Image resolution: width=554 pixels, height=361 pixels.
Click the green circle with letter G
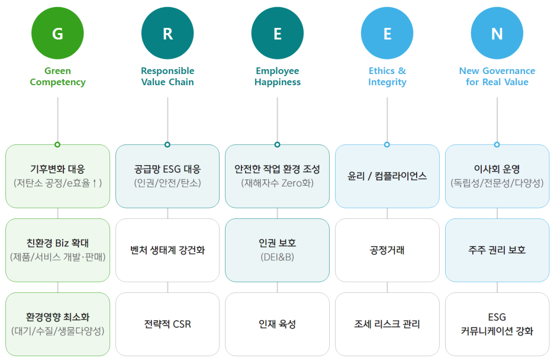pyautogui.click(x=57, y=34)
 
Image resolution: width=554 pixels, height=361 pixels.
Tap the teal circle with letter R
pyautogui.click(x=168, y=34)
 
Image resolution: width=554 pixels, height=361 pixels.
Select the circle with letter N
pyautogui.click(x=497, y=34)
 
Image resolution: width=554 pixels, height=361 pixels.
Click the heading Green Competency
pyautogui.click(x=57, y=76)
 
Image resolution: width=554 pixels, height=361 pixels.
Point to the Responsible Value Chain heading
pyautogui.click(x=168, y=76)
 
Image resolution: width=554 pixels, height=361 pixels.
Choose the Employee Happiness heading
pyautogui.click(x=277, y=76)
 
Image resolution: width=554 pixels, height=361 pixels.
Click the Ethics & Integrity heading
pyautogui.click(x=387, y=76)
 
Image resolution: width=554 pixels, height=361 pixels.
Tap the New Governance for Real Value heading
pyautogui.click(x=497, y=76)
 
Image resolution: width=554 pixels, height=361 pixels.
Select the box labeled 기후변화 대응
pyautogui.click(x=57, y=176)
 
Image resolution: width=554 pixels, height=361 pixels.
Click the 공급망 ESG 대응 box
pyautogui.click(x=168, y=176)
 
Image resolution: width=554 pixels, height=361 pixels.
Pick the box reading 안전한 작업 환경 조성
pyautogui.click(x=277, y=176)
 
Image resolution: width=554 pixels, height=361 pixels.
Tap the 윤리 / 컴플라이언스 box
pyautogui.click(x=387, y=176)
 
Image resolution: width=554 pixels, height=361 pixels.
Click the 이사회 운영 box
pyautogui.click(x=497, y=176)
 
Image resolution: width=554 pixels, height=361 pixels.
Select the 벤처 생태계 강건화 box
pyautogui.click(x=168, y=250)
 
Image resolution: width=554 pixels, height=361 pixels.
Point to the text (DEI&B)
pyautogui.click(x=277, y=257)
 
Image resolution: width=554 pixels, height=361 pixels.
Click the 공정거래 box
pyautogui.click(x=387, y=250)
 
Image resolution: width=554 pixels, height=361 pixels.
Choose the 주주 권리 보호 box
pyautogui.click(x=497, y=250)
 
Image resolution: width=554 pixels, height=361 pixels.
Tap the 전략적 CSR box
pyautogui.click(x=168, y=324)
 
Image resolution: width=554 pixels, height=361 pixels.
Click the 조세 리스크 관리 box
pyautogui.click(x=387, y=324)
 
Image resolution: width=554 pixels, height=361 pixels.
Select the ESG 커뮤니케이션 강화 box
pyautogui.click(x=497, y=324)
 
